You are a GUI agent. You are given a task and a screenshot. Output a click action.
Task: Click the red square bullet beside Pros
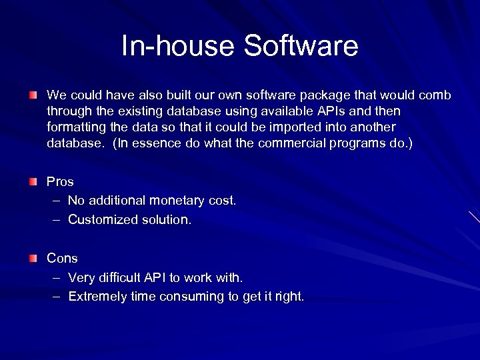[33, 181]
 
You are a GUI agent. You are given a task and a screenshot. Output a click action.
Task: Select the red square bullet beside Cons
[33, 258]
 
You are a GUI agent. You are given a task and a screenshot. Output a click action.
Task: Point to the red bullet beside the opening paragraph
[33, 95]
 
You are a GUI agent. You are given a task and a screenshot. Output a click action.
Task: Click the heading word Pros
[60, 181]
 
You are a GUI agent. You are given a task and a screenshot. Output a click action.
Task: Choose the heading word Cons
[62, 258]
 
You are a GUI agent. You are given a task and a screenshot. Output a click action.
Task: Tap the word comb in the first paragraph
[437, 95]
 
